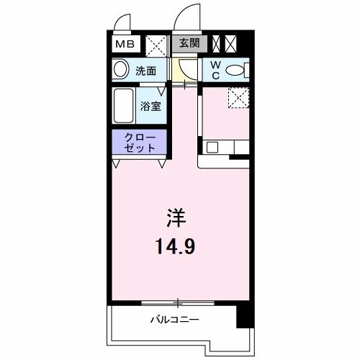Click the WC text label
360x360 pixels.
pos(215,70)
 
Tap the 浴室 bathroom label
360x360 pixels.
pos(150,106)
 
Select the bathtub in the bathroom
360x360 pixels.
pos(124,104)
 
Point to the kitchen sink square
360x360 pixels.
pos(213,148)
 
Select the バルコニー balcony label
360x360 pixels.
pos(174,318)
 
